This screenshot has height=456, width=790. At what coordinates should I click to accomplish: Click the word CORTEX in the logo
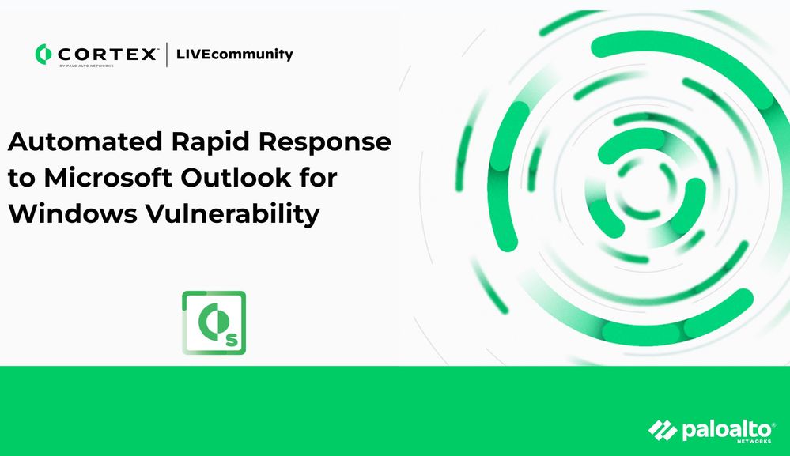point(108,54)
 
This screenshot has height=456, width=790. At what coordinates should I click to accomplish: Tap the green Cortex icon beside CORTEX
point(43,54)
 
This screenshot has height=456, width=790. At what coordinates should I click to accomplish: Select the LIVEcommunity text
point(234,54)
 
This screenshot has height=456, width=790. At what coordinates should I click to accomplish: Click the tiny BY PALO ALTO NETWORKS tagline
point(87,66)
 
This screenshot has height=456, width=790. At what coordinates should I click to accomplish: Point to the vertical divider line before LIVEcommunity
point(167,55)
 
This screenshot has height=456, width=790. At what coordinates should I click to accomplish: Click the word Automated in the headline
point(85,141)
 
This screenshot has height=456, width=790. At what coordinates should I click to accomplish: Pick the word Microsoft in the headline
point(108,177)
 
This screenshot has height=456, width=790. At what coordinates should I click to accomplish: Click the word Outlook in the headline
point(236,177)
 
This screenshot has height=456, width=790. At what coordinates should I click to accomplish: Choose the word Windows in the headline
point(73,213)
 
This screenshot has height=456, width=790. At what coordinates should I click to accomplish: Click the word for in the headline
point(319,177)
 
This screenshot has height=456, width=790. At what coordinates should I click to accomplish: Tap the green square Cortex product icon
point(214,322)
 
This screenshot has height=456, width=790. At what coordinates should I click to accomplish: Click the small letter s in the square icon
point(231,341)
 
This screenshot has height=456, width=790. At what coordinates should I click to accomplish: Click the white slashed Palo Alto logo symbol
point(663,431)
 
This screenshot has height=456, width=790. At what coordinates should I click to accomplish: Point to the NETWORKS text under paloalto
point(754,441)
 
